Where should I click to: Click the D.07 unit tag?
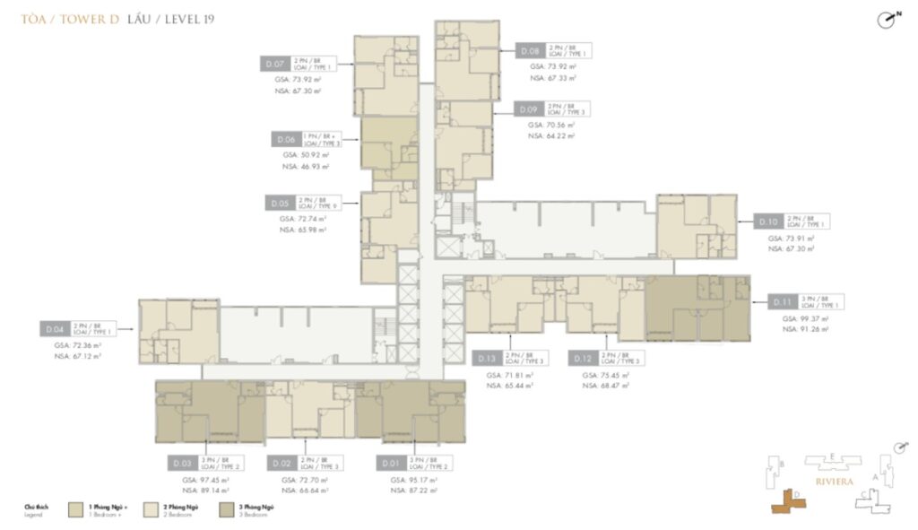pyautogui.click(x=274, y=64)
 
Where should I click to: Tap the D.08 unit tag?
pyautogui.click(x=530, y=52)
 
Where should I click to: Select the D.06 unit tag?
pyautogui.click(x=286, y=140)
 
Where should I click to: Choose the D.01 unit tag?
pyautogui.click(x=389, y=463)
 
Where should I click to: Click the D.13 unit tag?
pyautogui.click(x=485, y=358)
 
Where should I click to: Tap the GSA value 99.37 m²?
pyautogui.click(x=804, y=319)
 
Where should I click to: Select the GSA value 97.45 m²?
pyautogui.click(x=198, y=479)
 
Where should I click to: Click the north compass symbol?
pyautogui.click(x=888, y=20)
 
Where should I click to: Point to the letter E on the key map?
pyautogui.click(x=833, y=456)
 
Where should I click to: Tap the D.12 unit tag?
pyautogui.click(x=581, y=358)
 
